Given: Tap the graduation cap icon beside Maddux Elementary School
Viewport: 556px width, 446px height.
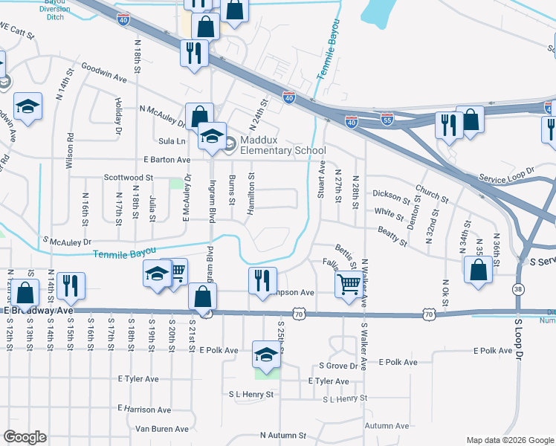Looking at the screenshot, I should [212, 136].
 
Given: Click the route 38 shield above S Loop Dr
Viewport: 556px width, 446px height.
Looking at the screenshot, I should [517, 288].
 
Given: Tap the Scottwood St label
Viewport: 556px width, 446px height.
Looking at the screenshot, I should [128, 178].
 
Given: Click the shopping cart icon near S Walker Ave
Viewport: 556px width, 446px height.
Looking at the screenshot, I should [349, 283].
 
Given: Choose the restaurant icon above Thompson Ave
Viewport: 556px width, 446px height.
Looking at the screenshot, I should [262, 281].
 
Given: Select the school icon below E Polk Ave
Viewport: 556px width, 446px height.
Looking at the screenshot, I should [266, 355].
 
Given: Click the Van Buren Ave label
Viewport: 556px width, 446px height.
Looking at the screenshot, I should [162, 429].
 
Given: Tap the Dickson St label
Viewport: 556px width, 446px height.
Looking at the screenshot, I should [390, 195].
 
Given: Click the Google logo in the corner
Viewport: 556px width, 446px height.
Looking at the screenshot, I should [25, 437].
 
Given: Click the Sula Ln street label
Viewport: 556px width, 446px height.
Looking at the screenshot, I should [171, 140].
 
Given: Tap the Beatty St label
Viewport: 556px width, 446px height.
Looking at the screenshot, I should [392, 237].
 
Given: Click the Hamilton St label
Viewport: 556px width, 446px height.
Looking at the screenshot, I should [251, 193].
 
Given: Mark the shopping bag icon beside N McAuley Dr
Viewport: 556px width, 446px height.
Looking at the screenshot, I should [199, 116].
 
